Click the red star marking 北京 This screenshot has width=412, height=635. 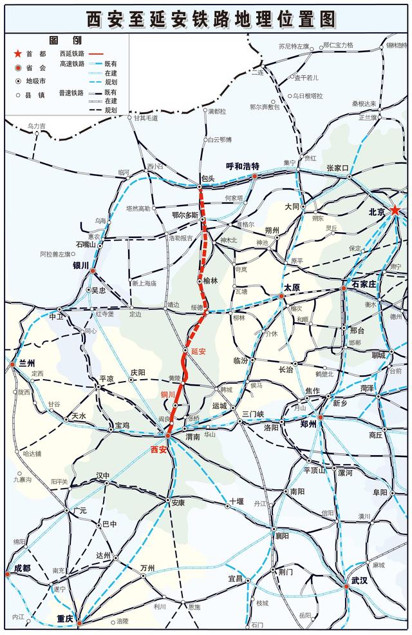pos(395,211)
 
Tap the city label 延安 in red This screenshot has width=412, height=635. pos(198,351)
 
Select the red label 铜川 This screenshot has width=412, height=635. pos(168,393)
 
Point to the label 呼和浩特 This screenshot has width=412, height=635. pos(242,166)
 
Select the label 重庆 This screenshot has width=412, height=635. pos(65,618)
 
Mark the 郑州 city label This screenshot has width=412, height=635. pos(308,424)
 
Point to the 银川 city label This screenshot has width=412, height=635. pos(80,265)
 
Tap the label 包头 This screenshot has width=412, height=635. pos(207,178)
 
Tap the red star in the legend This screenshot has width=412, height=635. pos(19,54)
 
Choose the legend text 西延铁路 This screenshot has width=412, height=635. pos(72,54)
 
